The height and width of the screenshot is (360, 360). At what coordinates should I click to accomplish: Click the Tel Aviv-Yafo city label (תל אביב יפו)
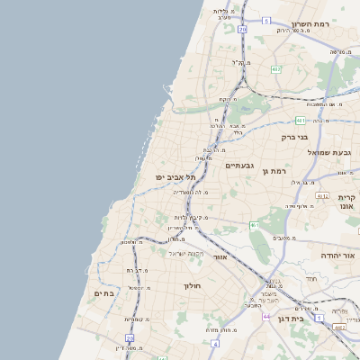[175, 177]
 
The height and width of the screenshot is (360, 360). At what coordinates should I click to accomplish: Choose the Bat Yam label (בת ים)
[104, 293]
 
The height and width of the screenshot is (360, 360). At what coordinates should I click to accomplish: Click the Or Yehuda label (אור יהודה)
[339, 256]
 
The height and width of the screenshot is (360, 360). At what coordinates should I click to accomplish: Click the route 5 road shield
[266, 20]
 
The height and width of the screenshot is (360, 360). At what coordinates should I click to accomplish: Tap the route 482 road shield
[275, 69]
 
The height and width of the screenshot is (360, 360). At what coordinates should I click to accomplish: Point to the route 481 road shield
[300, 120]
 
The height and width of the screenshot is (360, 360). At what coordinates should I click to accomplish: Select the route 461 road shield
[255, 224]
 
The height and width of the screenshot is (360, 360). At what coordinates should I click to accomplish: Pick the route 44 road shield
[266, 317]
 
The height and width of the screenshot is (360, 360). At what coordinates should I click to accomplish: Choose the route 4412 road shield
[339, 328]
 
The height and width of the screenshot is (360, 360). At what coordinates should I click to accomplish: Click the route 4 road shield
[214, 344]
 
